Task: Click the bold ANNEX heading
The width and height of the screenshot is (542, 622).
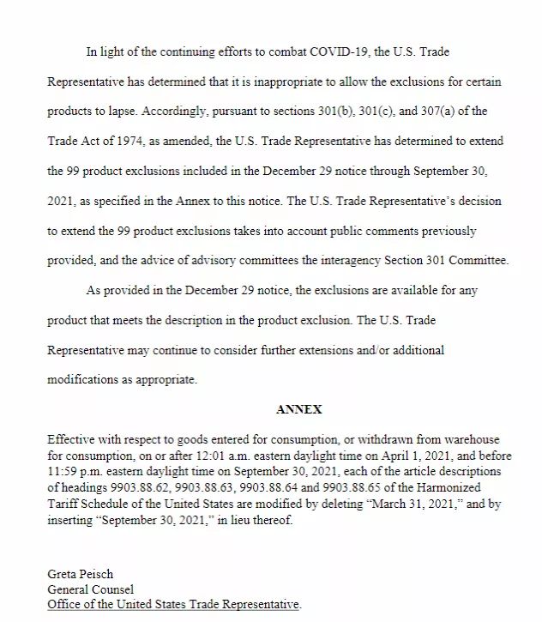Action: [x=298, y=410]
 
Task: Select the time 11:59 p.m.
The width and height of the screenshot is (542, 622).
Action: [x=74, y=469]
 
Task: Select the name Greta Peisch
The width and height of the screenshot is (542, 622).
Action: [x=80, y=574]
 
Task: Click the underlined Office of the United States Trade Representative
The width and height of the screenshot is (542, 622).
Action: [x=174, y=604]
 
